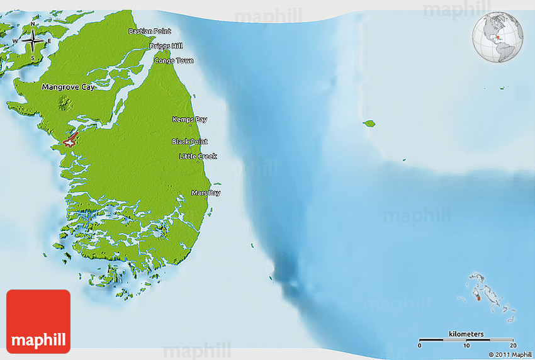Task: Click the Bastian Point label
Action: click(x=150, y=31)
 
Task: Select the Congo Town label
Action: click(x=174, y=61)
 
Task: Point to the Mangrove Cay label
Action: click(x=68, y=87)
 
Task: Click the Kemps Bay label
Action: click(x=189, y=119)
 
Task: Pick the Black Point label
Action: click(x=189, y=142)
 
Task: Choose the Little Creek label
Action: click(x=198, y=156)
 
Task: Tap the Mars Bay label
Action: click(x=206, y=193)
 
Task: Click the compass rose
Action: click(x=32, y=42)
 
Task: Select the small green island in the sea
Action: click(x=369, y=123)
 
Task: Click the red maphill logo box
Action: click(x=38, y=321)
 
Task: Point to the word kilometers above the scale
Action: click(x=466, y=334)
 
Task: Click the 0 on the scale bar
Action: click(x=420, y=346)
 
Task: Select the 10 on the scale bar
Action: click(x=466, y=346)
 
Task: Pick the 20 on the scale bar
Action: click(x=513, y=346)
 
